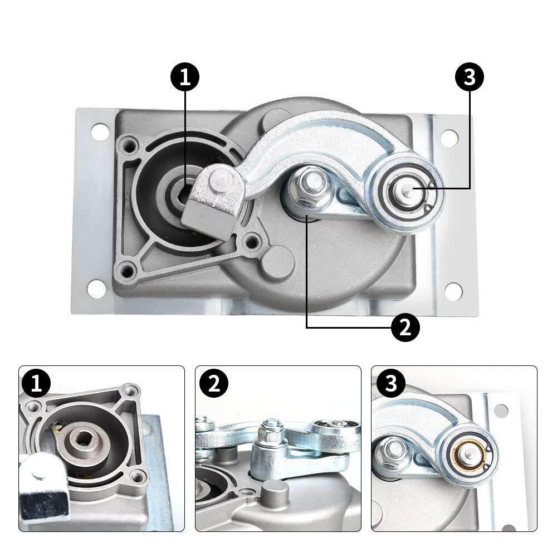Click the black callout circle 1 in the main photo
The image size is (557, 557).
click(185, 78)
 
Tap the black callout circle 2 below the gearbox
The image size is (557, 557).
click(405, 327)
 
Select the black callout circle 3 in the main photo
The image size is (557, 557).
click(470, 78)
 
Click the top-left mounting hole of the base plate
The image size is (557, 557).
click(100, 132)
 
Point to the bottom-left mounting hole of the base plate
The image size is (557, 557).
click(96, 289)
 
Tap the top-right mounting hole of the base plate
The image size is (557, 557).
click(449, 138)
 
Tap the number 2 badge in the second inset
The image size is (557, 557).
click(213, 384)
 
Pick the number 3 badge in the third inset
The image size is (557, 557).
click(390, 384)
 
